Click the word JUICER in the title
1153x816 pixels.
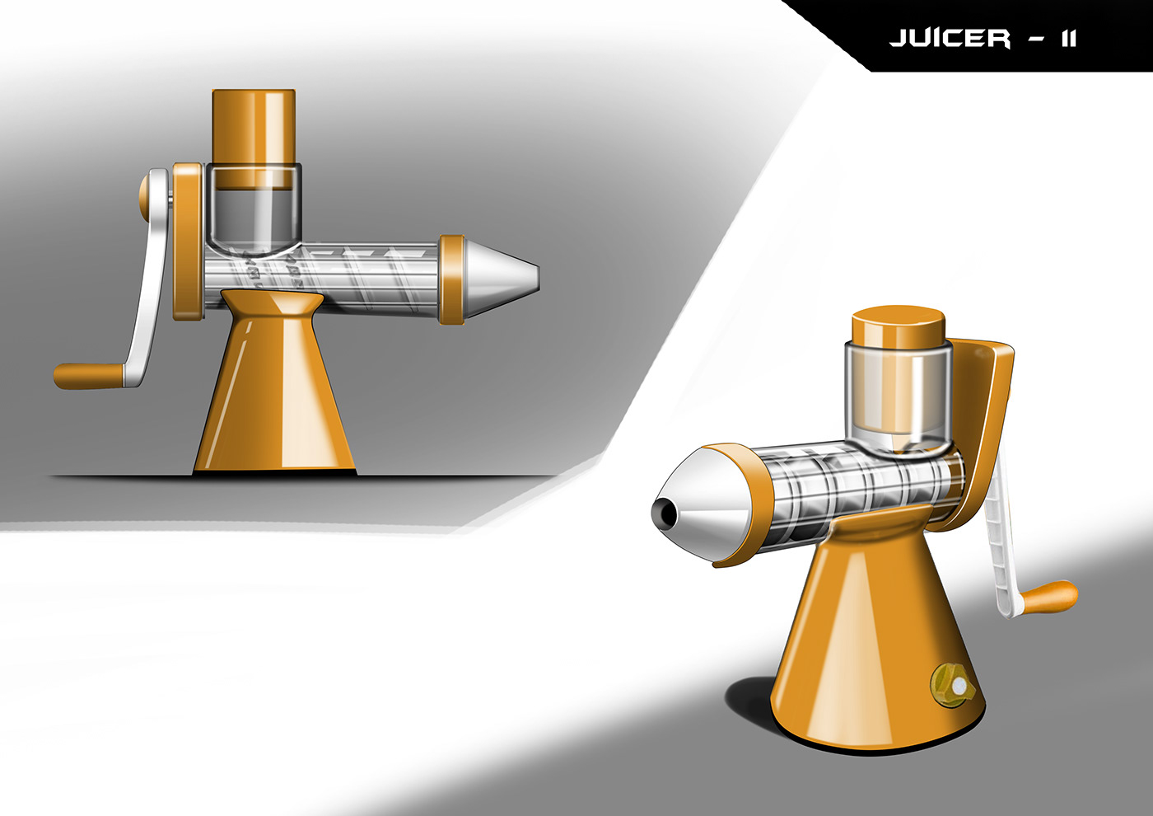(x=950, y=39)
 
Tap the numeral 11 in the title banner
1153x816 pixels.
(x=1069, y=40)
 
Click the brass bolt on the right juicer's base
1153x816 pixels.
(x=953, y=686)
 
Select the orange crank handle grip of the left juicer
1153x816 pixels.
(x=89, y=376)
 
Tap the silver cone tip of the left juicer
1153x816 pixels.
(x=502, y=281)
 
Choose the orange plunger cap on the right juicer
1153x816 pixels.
(x=899, y=326)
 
